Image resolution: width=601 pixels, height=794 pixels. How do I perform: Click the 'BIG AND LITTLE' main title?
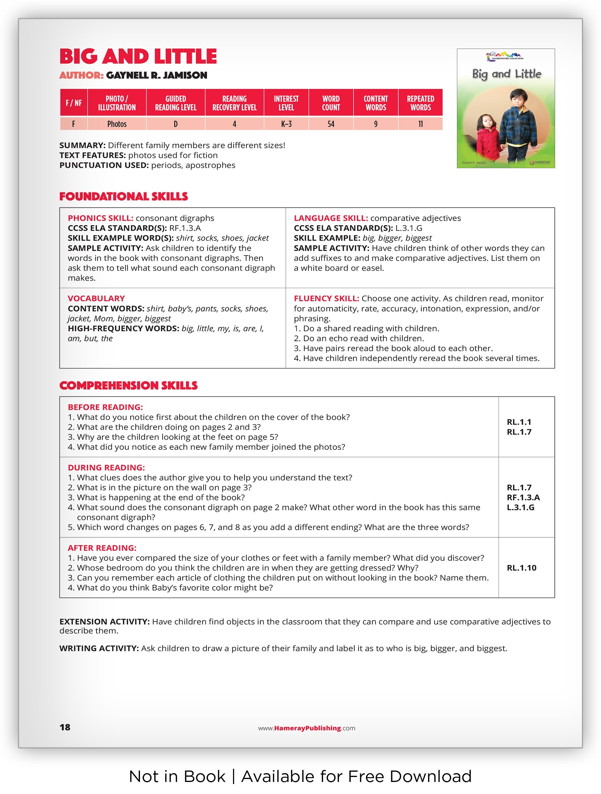(x=138, y=57)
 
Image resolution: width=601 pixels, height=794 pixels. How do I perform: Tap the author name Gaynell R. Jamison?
(x=156, y=75)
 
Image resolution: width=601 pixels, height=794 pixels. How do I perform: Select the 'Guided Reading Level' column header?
(x=175, y=103)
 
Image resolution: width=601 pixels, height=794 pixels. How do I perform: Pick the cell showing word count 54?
(x=330, y=124)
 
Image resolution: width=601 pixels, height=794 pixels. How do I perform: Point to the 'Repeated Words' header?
(x=420, y=103)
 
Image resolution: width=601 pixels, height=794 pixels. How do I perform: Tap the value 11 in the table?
(x=420, y=124)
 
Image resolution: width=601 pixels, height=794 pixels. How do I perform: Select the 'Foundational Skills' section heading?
(x=124, y=196)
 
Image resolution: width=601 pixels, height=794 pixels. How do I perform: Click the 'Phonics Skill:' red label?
(x=100, y=218)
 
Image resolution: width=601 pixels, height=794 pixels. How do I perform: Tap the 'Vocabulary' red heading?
(x=96, y=298)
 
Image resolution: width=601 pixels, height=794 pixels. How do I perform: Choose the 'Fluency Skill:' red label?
(x=326, y=298)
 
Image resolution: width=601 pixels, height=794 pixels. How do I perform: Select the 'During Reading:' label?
(x=106, y=467)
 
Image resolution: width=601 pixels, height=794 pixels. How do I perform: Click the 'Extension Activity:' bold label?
(x=104, y=622)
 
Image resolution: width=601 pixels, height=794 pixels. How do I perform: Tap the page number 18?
(x=65, y=728)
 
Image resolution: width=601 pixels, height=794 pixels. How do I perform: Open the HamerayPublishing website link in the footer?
(x=306, y=728)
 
